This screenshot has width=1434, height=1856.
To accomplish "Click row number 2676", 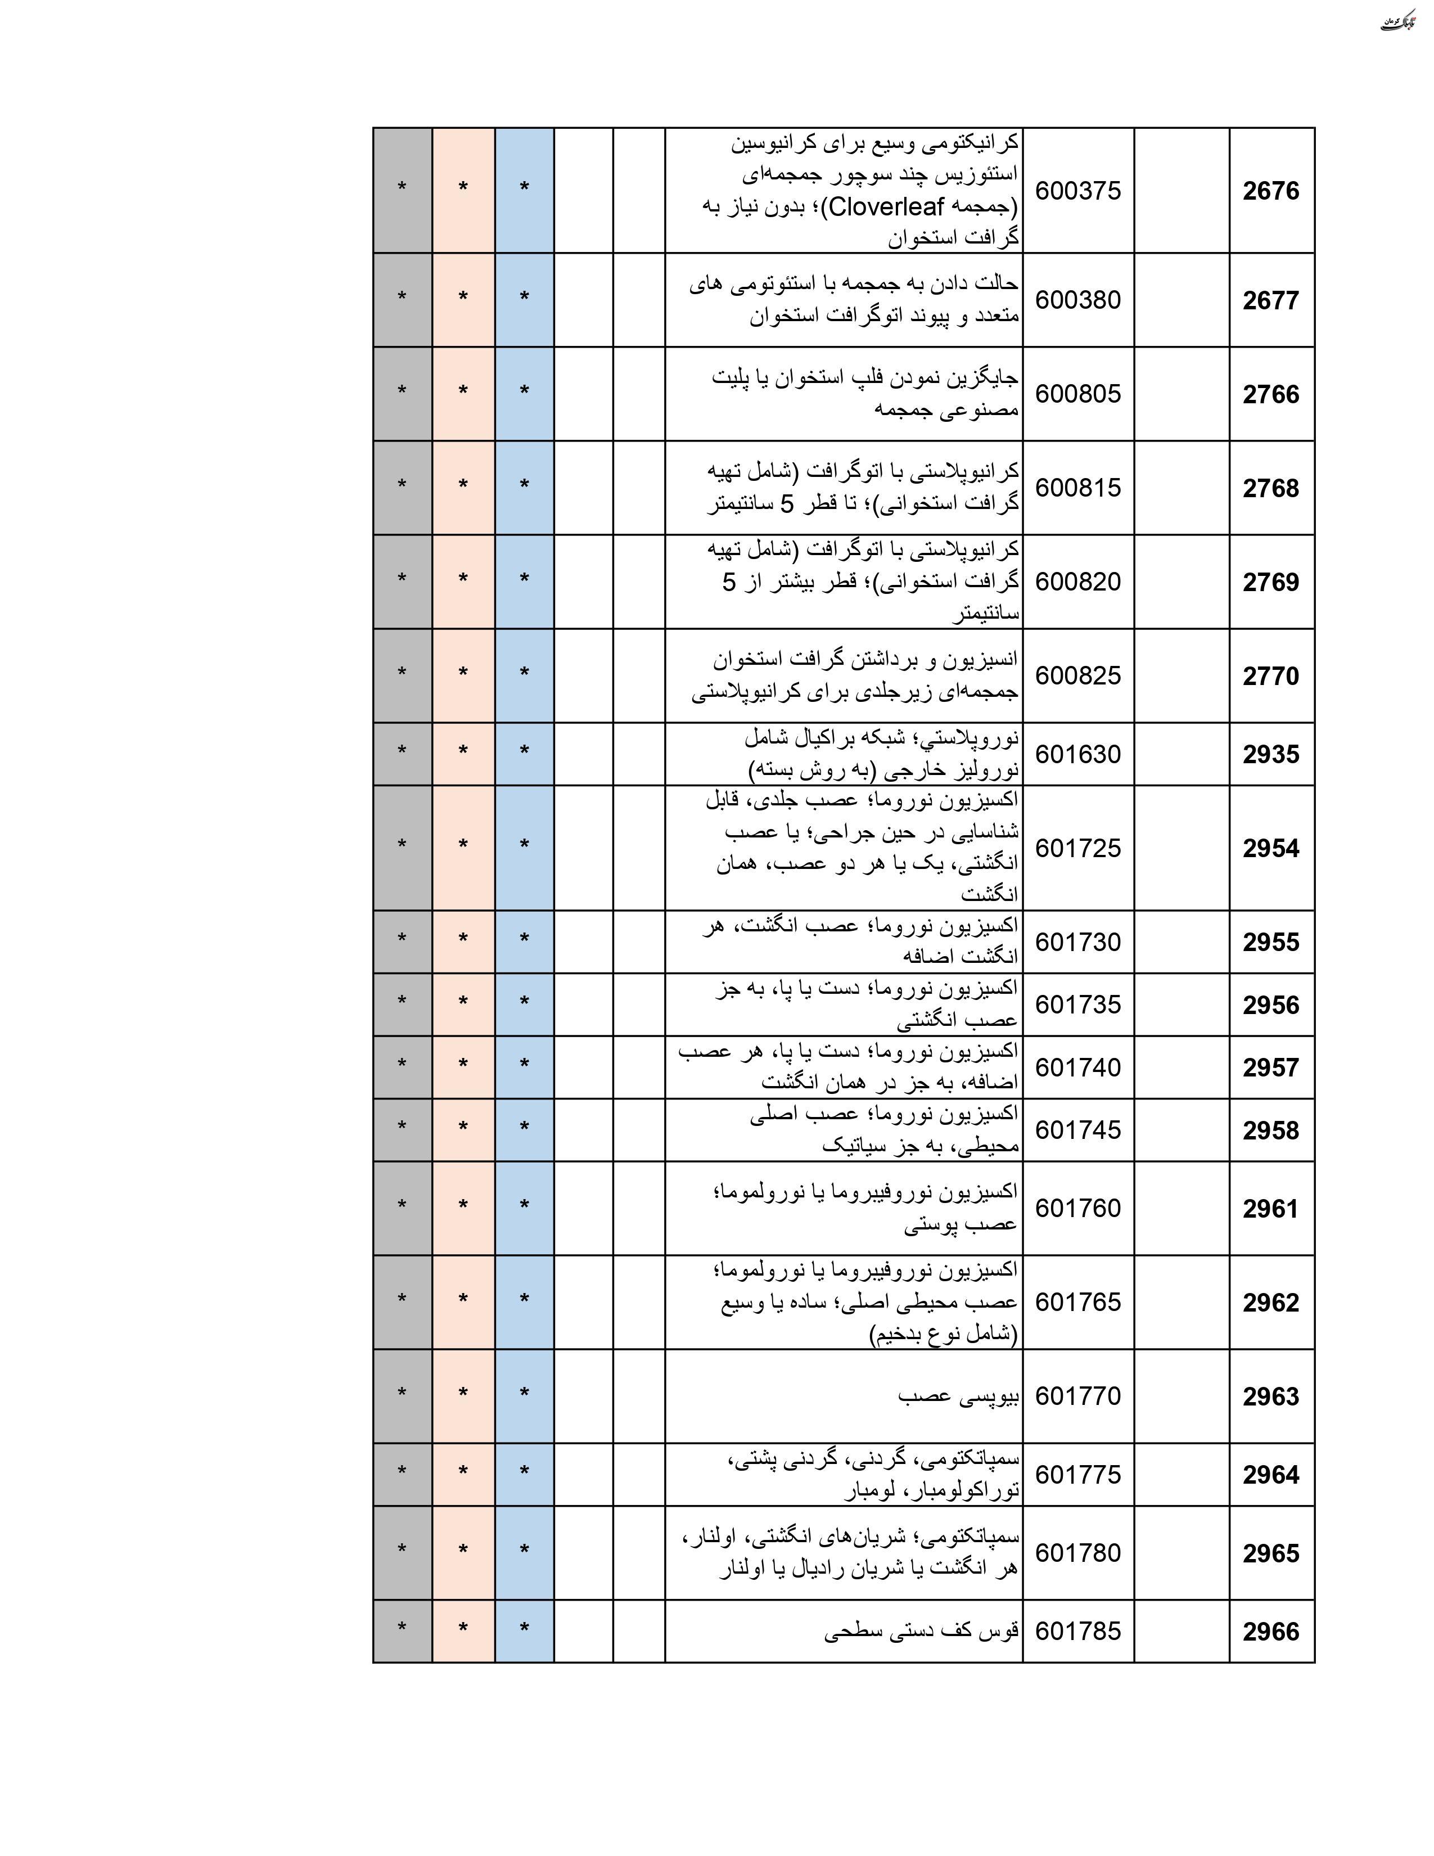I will (x=1271, y=191).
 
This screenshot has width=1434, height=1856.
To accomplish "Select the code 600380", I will (x=1077, y=300).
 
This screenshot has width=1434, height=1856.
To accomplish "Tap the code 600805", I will (x=1077, y=394).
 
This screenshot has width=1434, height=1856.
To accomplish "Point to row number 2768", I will (x=1271, y=489).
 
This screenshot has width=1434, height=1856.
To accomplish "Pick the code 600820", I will (x=1077, y=582).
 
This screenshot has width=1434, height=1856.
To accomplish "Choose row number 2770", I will (x=1271, y=677).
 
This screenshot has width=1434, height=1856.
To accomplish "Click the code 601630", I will (x=1077, y=755).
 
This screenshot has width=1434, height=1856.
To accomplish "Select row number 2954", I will (x=1271, y=848).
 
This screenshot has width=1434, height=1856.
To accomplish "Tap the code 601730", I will (x=1077, y=943).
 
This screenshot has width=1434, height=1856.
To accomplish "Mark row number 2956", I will (x=1271, y=1006).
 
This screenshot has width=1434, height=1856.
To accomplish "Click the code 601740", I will (x=1077, y=1067).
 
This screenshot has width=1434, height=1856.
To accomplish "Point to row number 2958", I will (x=1271, y=1130).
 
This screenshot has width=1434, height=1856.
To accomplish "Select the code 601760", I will (x=1077, y=1209).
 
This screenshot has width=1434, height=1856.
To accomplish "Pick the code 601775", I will (x=1077, y=1475).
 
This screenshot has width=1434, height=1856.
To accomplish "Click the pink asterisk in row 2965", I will (x=463, y=1550).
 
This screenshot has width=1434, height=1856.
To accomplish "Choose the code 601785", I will (x=1077, y=1631).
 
